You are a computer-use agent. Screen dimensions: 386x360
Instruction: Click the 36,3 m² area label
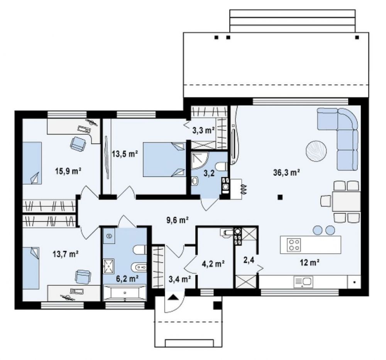tap(286, 173)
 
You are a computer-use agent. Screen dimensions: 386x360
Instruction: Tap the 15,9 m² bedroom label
tap(68, 171)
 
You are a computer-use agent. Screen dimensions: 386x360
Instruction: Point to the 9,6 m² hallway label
tap(178, 219)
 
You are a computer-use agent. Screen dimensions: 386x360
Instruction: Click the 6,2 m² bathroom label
tap(127, 278)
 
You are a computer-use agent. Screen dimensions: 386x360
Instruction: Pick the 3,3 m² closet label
tap(203, 130)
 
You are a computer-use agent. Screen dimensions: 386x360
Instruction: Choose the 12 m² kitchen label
tap(310, 263)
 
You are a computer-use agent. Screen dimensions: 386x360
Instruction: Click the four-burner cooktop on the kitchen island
tap(294, 245)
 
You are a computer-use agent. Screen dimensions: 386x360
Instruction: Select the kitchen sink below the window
tap(303, 282)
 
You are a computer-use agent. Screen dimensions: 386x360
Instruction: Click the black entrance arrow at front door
tap(174, 297)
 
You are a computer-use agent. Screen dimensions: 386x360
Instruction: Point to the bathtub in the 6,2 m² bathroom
tap(125, 293)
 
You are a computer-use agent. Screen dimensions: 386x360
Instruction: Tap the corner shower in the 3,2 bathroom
tap(200, 160)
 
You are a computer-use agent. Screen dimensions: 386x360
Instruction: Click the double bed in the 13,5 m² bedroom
tap(164, 159)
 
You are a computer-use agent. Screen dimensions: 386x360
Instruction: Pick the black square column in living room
tap(279, 197)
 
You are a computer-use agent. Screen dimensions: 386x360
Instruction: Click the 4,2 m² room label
tap(213, 264)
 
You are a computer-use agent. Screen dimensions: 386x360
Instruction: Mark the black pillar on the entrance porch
tap(217, 305)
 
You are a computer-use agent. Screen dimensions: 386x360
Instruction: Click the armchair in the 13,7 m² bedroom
tap(83, 277)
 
